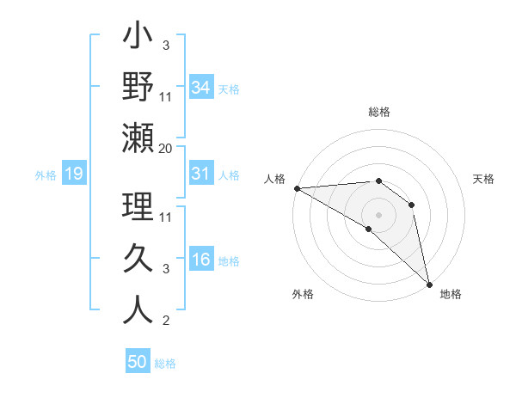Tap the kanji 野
pos(138,88)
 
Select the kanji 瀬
pos(138,138)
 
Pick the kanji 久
pos(138,259)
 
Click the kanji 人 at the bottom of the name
pos(138,309)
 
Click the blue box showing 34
pos(201,88)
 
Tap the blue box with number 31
pos(201,174)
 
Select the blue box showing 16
pos(201,260)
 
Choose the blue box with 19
pos(74,174)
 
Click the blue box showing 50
pos(138,362)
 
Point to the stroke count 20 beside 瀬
pos(166,149)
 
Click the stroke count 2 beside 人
pos(166,321)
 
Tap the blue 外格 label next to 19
pos(46,175)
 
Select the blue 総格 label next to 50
pos(165,364)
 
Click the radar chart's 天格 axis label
pos(484,179)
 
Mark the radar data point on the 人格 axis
pos(297,187)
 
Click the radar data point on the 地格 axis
pos(429,284)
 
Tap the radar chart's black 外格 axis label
pos(303,294)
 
